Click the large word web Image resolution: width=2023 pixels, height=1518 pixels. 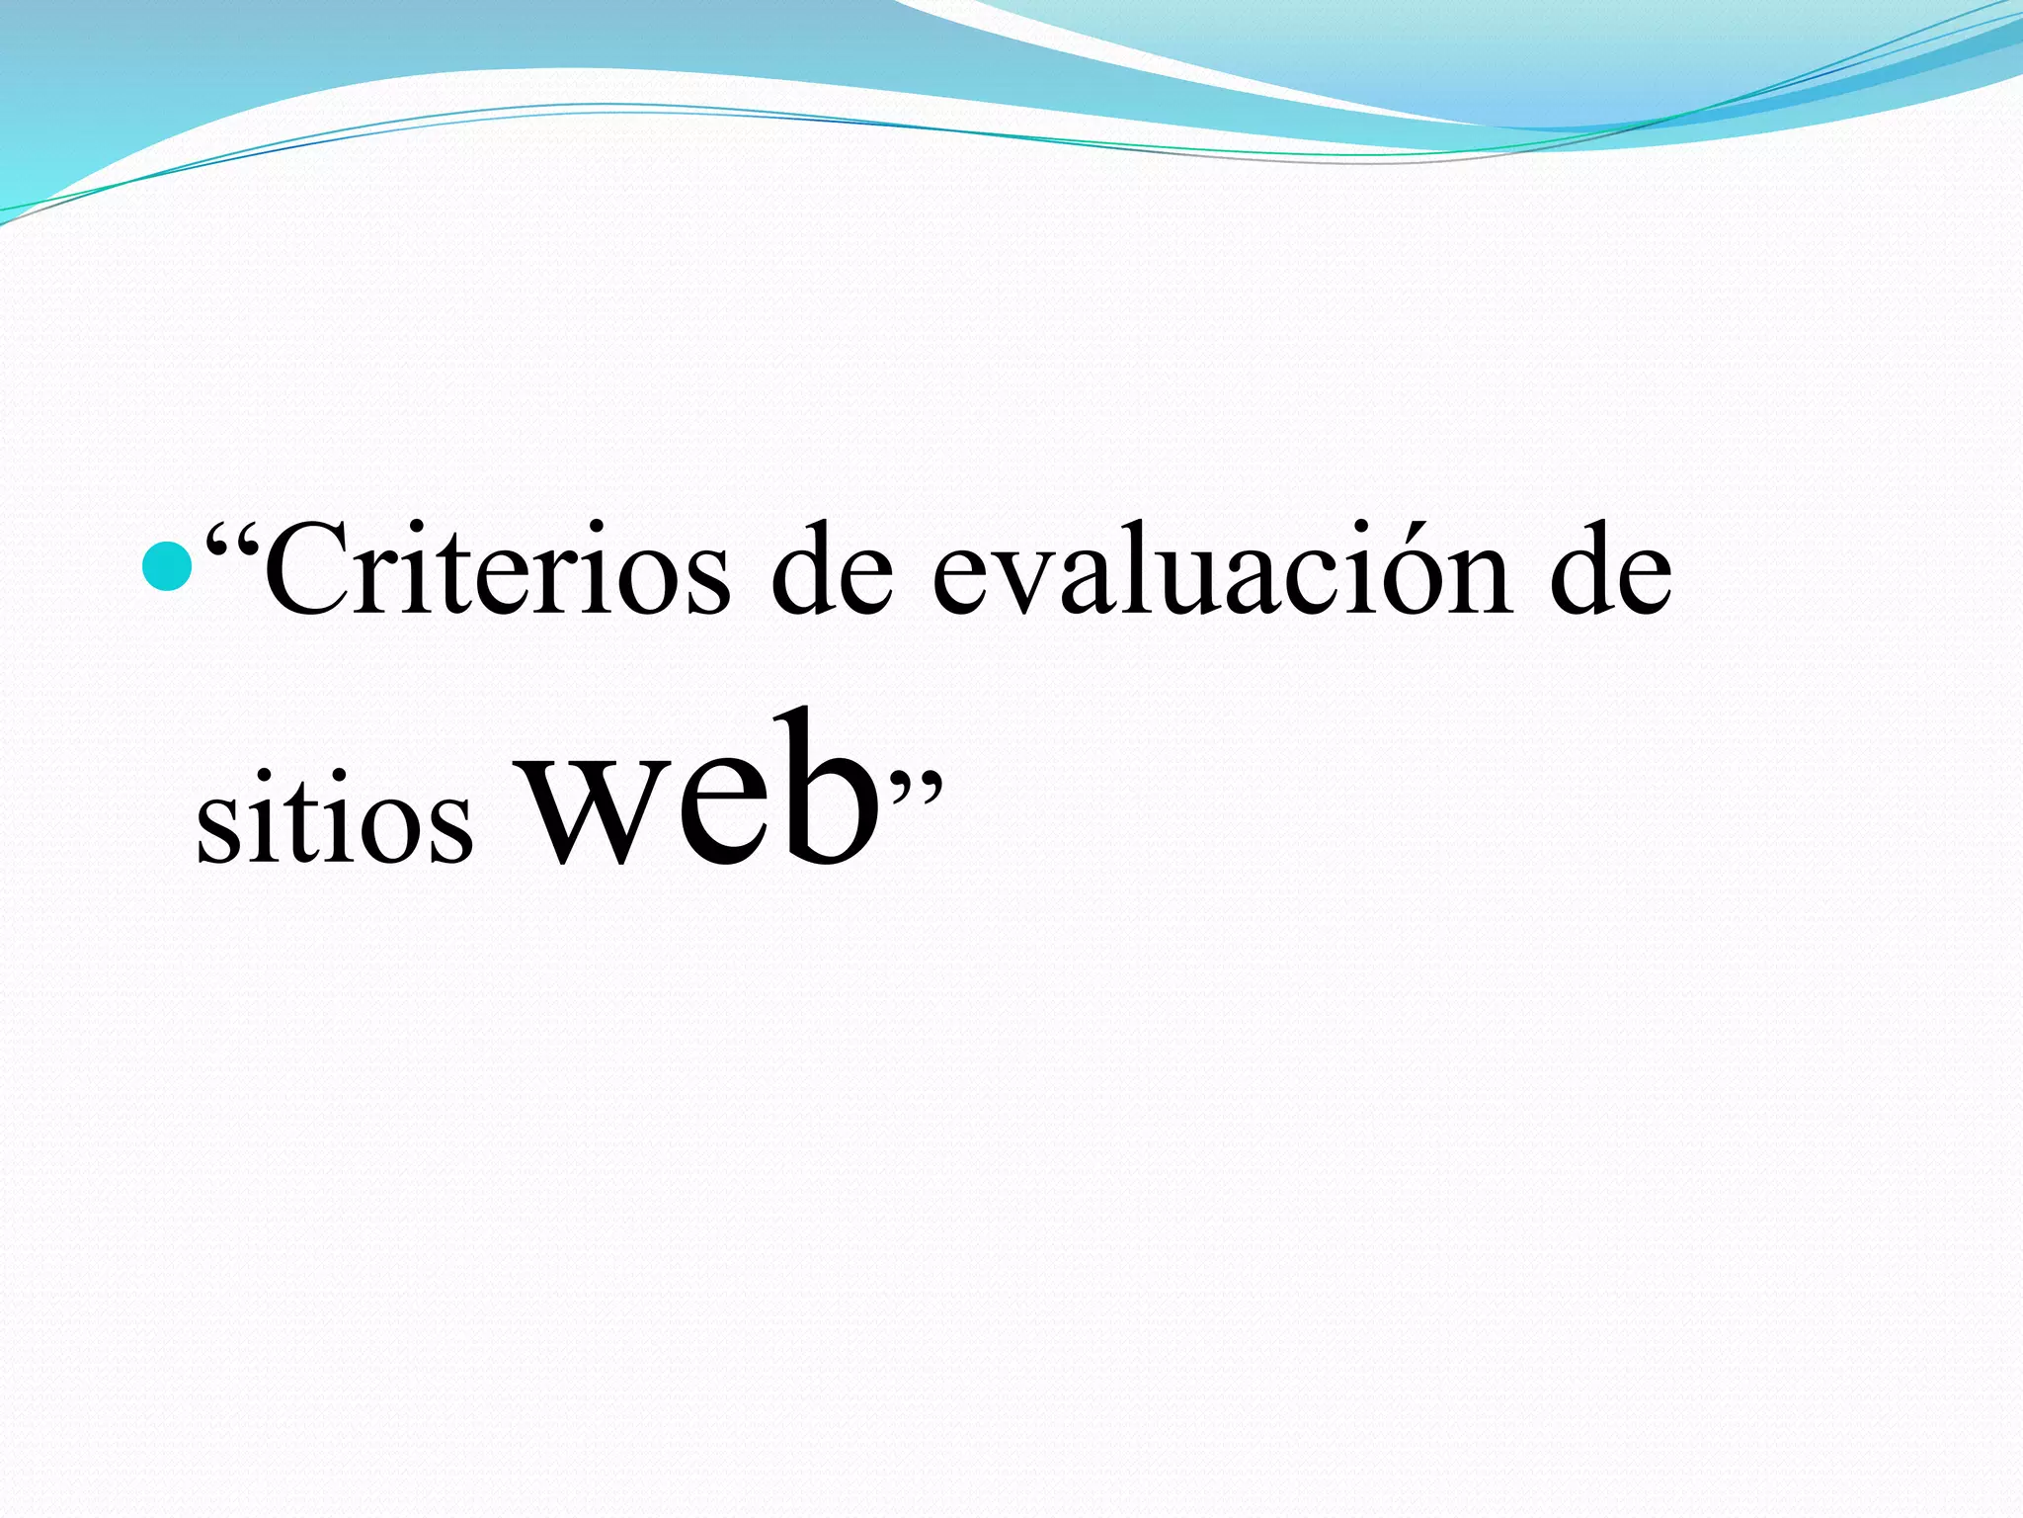(695, 791)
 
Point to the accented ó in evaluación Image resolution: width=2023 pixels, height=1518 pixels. (1388, 578)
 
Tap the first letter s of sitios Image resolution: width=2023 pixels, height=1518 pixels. (218, 830)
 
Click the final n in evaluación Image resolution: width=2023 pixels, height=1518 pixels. (1472, 583)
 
